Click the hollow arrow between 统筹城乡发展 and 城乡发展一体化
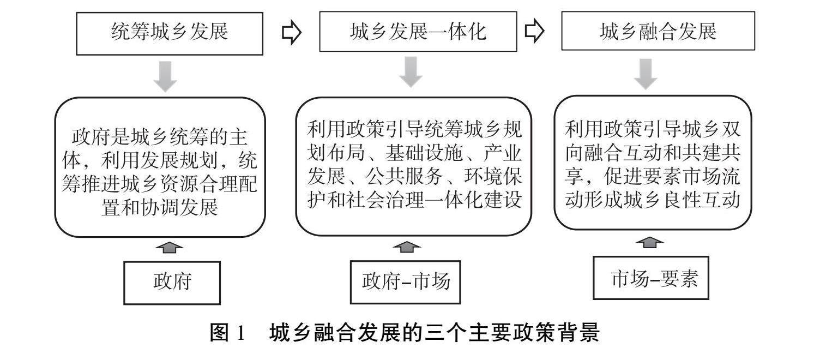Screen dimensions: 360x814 (x=292, y=33)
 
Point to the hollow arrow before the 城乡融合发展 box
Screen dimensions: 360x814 (x=534, y=32)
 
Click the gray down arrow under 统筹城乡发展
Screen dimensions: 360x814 (x=165, y=76)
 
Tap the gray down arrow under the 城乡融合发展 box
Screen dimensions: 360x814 (x=647, y=74)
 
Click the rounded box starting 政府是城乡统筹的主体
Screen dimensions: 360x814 (x=160, y=167)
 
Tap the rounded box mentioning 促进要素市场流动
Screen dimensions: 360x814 (x=652, y=163)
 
